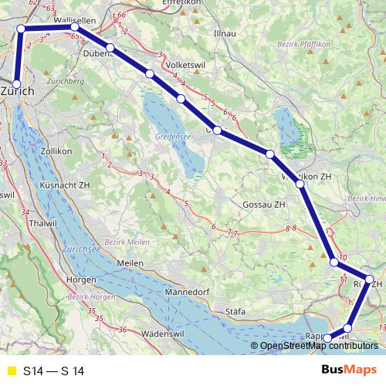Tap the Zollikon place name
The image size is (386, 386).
59,152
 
